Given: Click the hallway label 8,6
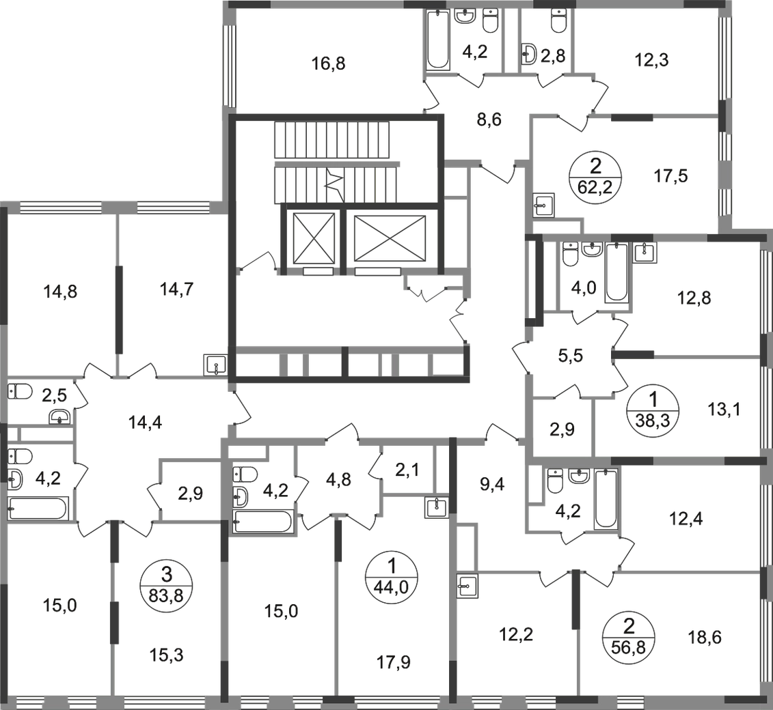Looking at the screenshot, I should [x=488, y=118].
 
